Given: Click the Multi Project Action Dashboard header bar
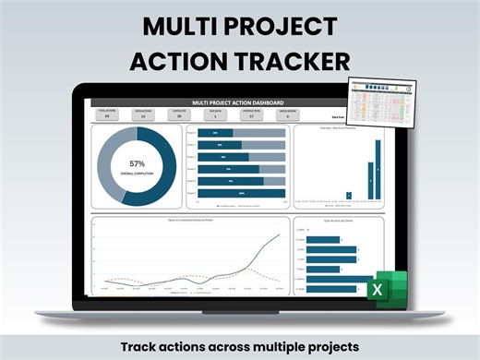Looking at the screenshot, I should (237, 102).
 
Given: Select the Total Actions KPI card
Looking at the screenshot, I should (107, 114).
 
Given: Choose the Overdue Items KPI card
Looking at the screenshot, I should (250, 114).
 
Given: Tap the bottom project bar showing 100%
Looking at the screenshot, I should (242, 193).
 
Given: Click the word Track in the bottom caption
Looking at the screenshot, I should (138, 346).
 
